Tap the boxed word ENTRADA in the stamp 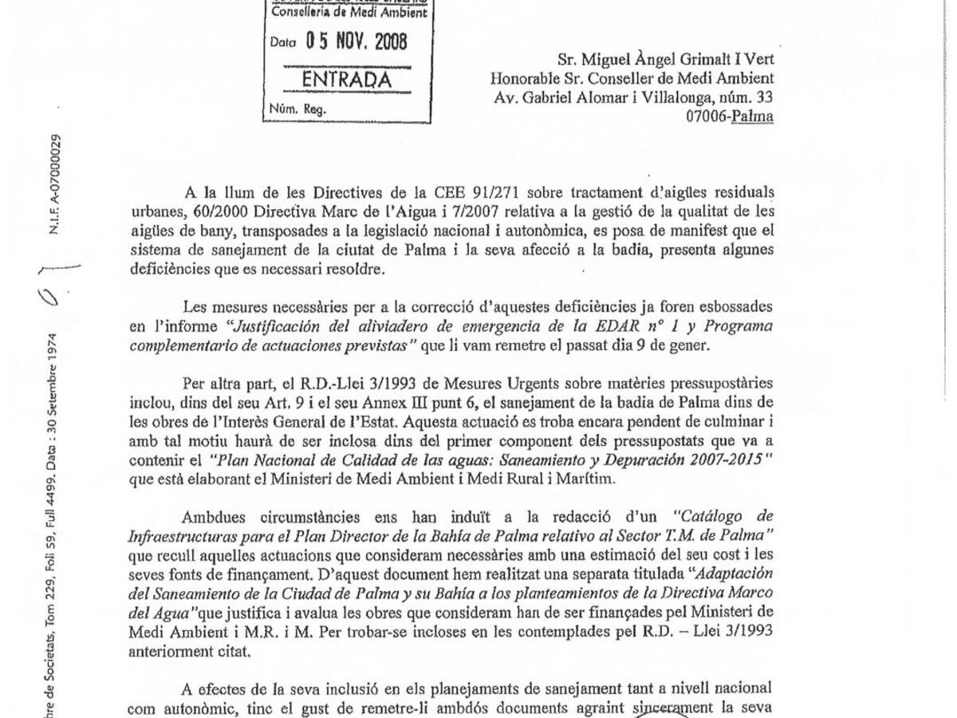point(347,81)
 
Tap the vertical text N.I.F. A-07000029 point(55,183)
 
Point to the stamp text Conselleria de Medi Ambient point(349,12)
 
